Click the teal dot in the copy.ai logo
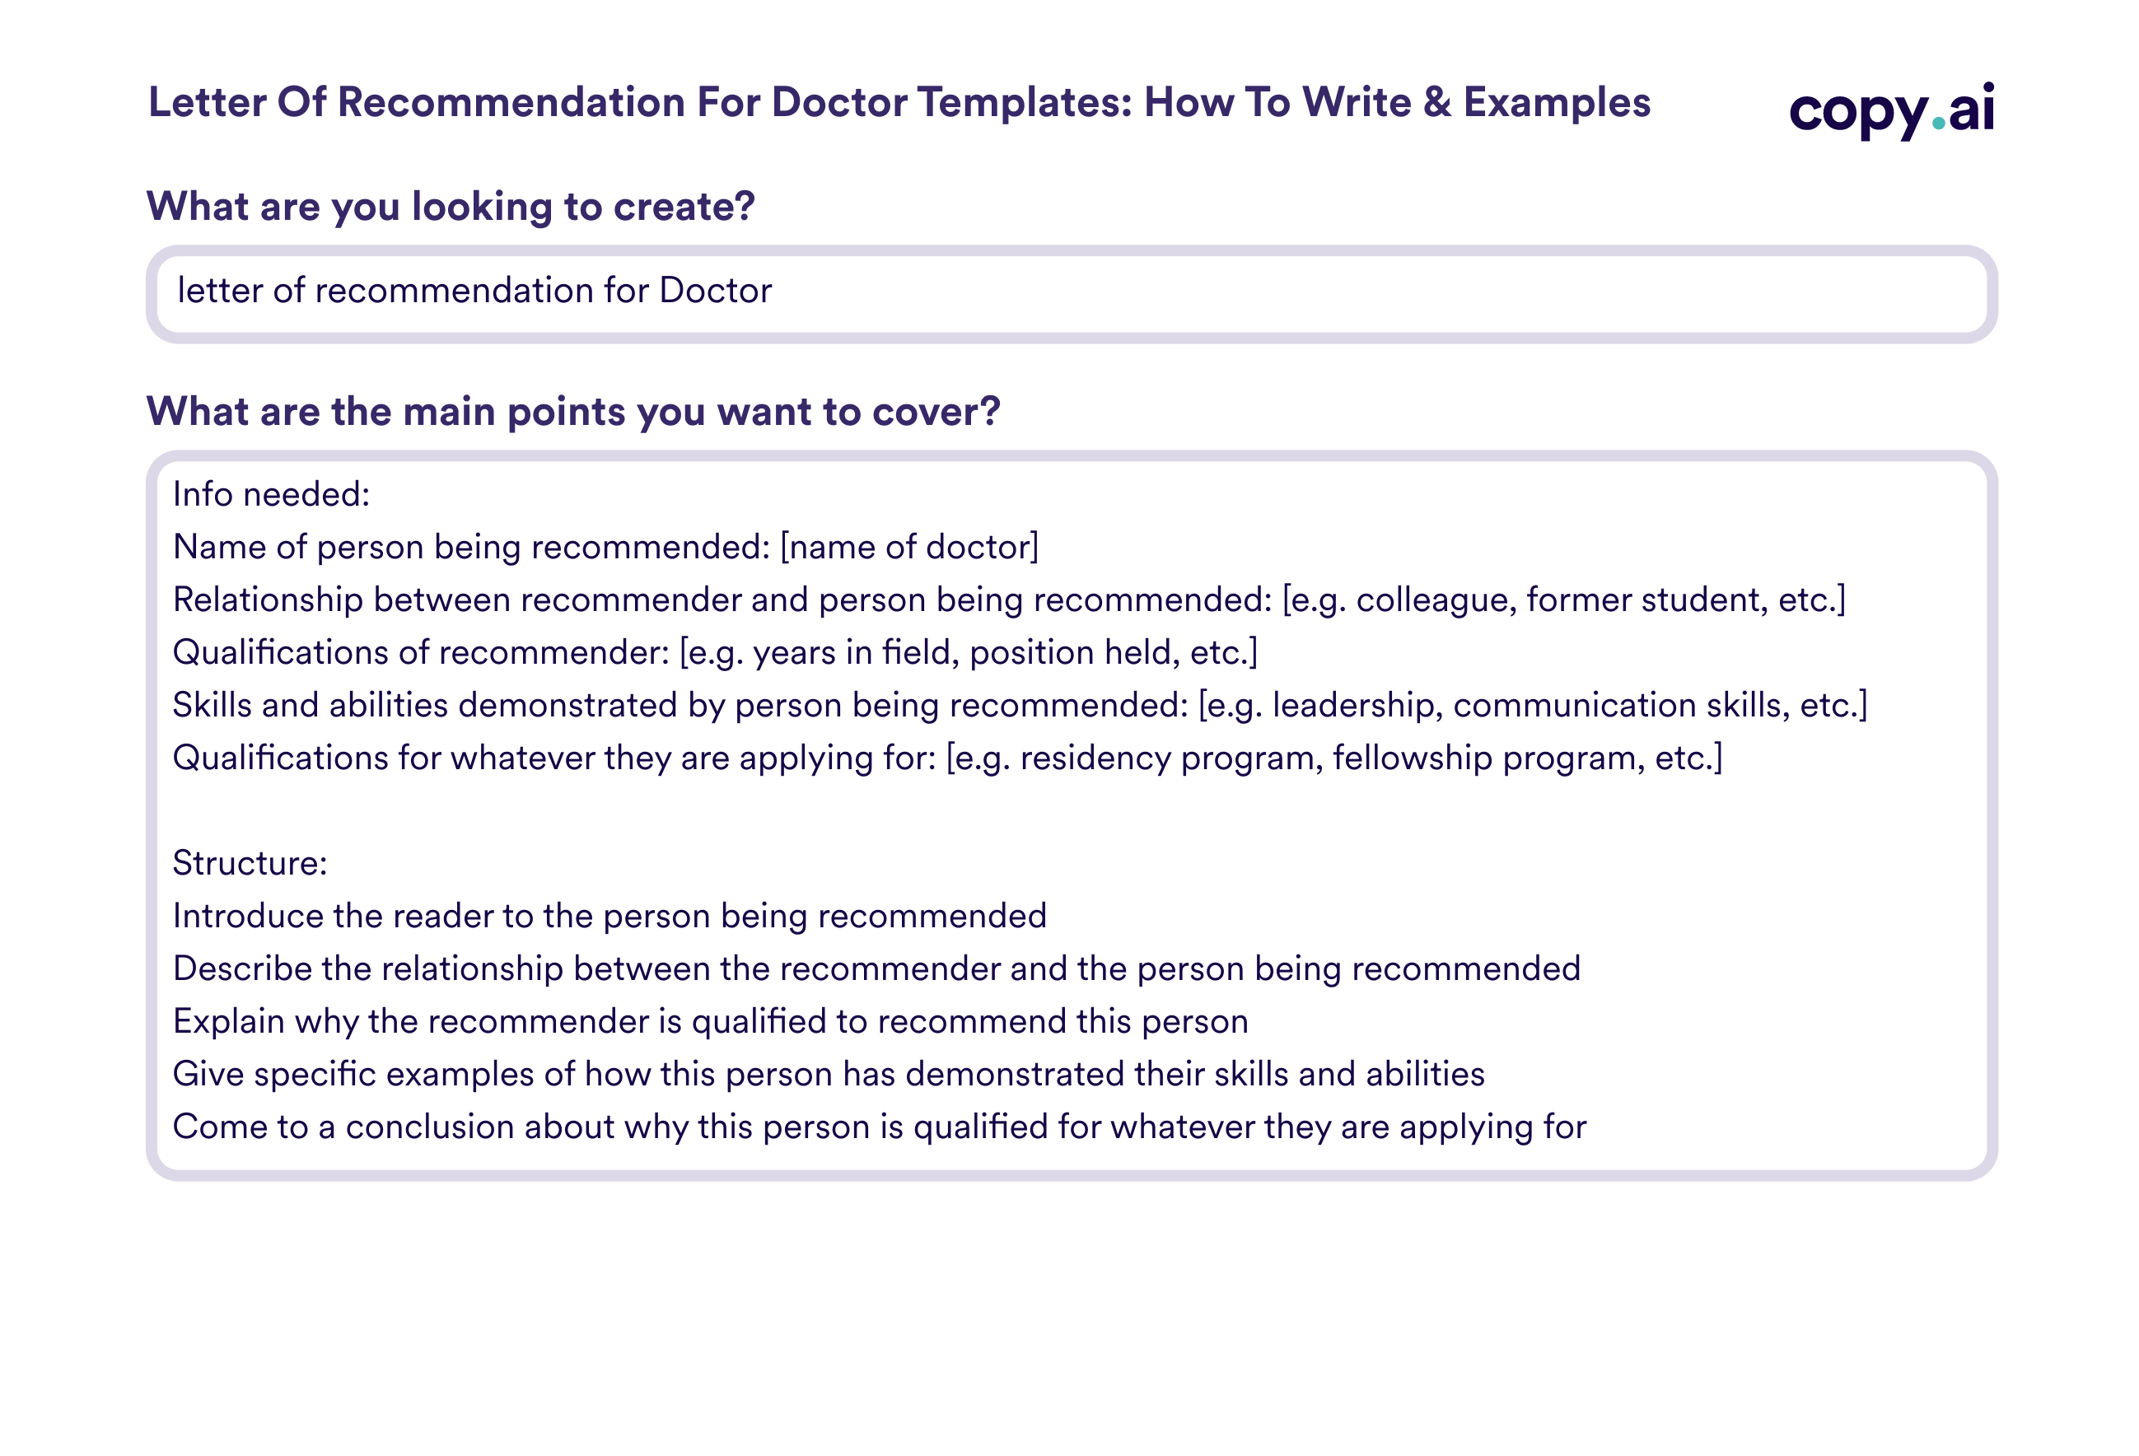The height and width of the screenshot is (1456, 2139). [x=1940, y=124]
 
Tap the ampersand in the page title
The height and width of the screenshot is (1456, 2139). [x=1436, y=102]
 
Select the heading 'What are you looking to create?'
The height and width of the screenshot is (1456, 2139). [x=451, y=206]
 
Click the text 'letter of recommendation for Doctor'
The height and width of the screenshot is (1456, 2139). [x=475, y=291]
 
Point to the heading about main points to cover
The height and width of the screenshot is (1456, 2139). [x=573, y=412]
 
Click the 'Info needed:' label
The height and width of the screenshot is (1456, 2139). [x=272, y=495]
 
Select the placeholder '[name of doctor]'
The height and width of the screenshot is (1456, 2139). [x=909, y=548]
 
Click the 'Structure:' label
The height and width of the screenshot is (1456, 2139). [x=250, y=863]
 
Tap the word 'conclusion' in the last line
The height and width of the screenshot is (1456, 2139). [x=430, y=1127]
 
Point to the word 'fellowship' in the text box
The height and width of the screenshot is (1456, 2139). [x=1413, y=758]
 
